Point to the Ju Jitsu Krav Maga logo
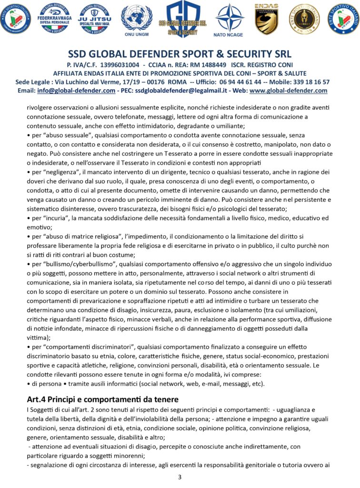pyautogui.click(x=94, y=18)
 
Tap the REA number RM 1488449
pyautogui.click(x=207, y=65)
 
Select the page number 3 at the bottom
pyautogui.click(x=180, y=477)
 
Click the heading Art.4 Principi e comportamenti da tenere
pyautogui.click(x=102, y=399)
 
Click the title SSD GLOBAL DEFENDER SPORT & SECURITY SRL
pyautogui.click(x=180, y=54)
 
